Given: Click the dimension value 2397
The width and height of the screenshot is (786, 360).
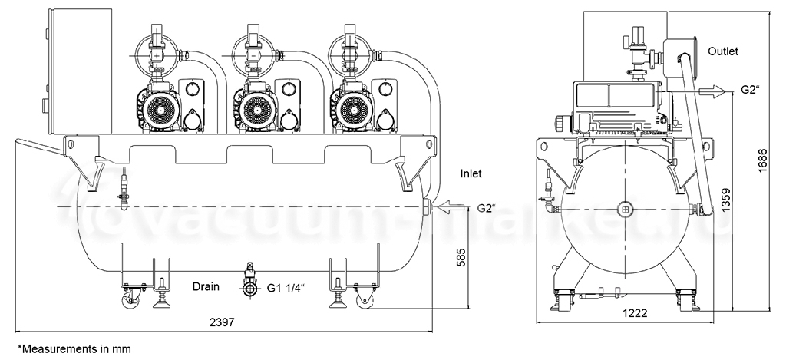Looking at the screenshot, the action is point(221,322).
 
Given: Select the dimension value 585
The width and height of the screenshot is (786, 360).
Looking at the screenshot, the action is point(461,257).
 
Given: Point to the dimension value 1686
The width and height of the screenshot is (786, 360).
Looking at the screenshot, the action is point(762,160).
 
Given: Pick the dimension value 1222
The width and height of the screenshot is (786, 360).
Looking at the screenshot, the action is point(635,313).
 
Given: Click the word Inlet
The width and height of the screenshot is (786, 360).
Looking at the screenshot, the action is point(471,173).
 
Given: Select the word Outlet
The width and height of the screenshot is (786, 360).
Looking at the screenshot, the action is point(723,51).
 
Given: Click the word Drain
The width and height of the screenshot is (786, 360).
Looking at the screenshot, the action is point(206,287).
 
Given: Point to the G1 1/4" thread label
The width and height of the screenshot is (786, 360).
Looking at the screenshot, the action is point(286,288).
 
